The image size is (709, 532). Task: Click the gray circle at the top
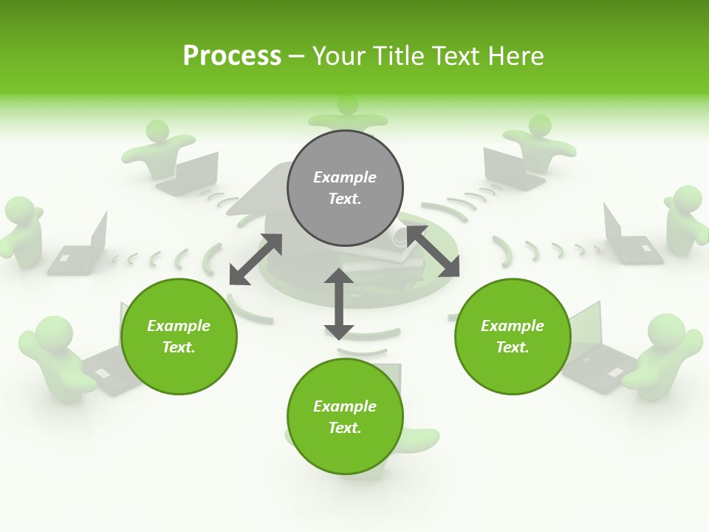[345, 188]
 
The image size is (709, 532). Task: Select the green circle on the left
[179, 336]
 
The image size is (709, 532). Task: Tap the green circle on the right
[513, 336]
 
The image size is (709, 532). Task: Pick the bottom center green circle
[345, 417]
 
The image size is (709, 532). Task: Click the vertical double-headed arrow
[339, 304]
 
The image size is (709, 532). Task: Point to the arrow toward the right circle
[432, 251]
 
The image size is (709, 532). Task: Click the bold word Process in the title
[232, 55]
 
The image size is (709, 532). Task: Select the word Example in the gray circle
[345, 177]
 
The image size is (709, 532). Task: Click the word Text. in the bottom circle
[345, 428]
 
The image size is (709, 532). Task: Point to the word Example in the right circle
[513, 326]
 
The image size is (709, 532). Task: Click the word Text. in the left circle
[179, 347]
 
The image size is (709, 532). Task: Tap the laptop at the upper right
[510, 168]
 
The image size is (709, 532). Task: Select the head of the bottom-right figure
[666, 330]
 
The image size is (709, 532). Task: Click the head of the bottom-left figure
[54, 333]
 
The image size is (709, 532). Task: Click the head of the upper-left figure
[157, 132]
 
